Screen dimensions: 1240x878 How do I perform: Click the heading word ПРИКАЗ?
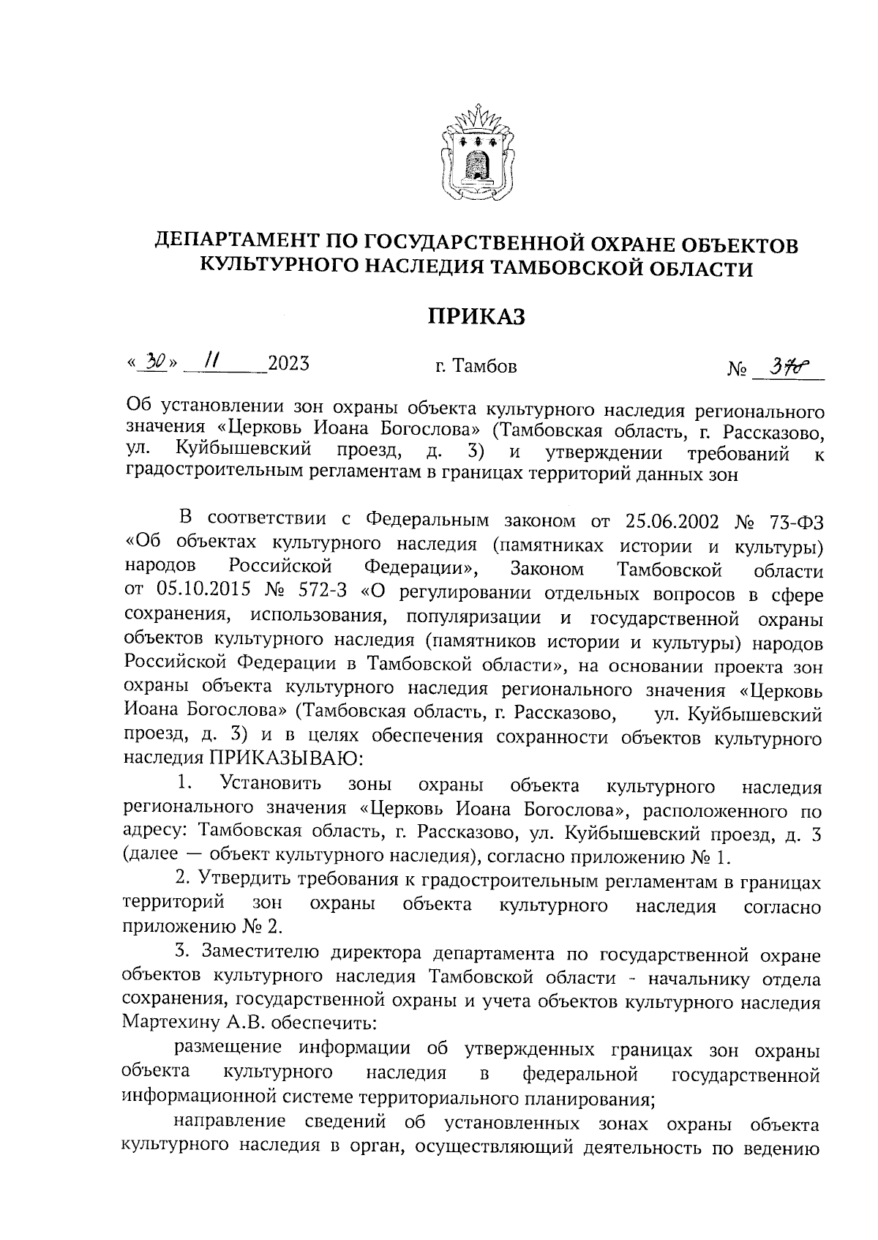tap(476, 316)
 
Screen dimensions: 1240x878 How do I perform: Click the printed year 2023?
tap(288, 363)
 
